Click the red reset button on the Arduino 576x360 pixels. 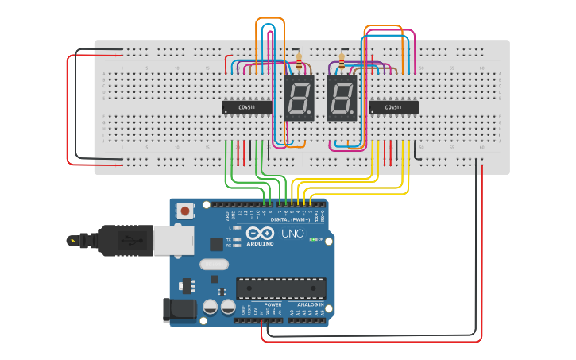185,211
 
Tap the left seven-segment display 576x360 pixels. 299,99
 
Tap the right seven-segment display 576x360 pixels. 342,99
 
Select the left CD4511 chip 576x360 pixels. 246,106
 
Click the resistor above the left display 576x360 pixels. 299,60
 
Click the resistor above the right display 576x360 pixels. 342,60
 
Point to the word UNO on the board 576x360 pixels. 292,234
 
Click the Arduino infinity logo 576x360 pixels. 259,234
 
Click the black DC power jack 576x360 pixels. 180,310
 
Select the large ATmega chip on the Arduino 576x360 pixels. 280,288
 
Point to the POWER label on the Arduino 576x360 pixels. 273,304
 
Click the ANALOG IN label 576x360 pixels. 310,304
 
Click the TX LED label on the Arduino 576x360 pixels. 229,238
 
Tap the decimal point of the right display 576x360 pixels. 354,115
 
